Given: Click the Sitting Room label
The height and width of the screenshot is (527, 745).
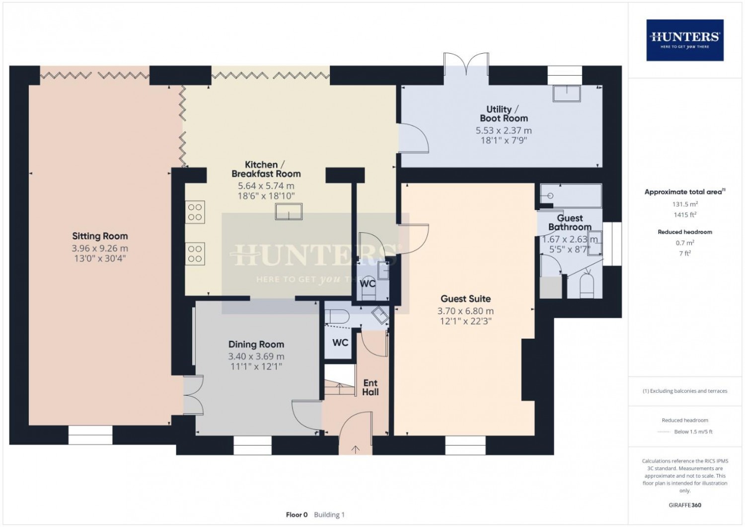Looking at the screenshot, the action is [x=100, y=236].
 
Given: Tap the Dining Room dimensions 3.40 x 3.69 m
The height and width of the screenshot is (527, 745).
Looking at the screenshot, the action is [x=256, y=356].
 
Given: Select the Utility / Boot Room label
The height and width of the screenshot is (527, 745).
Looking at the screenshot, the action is [x=504, y=113].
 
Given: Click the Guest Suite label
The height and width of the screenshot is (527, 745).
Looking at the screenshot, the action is [x=466, y=299].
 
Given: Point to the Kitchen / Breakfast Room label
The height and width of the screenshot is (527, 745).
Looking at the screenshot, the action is [x=266, y=169].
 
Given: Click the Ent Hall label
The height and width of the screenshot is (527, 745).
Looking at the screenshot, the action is [x=371, y=387].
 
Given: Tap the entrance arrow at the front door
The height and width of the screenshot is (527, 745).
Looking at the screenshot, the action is [x=356, y=450].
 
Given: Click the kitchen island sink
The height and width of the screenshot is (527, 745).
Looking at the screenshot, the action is [x=289, y=212].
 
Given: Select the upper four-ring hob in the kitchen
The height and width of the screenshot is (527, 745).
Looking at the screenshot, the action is [x=195, y=212].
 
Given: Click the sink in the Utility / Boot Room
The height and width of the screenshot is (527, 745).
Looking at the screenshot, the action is [x=567, y=93].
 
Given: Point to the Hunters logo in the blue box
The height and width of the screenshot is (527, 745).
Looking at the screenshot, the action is [x=685, y=40].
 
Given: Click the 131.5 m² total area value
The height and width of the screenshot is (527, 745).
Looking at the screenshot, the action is [x=685, y=204].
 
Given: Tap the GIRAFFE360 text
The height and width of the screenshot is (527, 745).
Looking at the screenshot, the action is [x=685, y=505].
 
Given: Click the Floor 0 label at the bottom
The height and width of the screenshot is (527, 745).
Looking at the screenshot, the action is [x=297, y=515].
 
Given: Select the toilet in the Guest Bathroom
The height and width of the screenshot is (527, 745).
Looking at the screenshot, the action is [x=587, y=285].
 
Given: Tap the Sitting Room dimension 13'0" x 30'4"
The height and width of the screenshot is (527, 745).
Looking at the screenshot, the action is [x=100, y=259].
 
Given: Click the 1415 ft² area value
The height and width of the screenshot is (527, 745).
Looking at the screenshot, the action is [x=685, y=215].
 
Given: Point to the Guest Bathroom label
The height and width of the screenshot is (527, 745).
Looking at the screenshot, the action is [x=570, y=223].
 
